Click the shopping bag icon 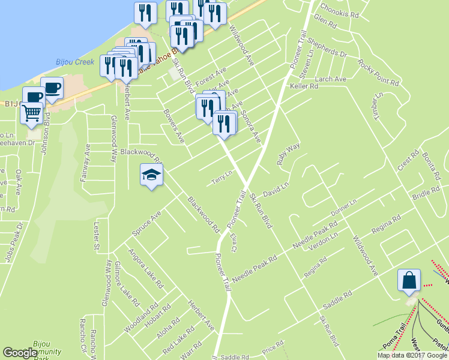pos(409,281)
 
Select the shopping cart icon pos(32,113)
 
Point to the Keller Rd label pos(304,86)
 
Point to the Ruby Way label pos(288,154)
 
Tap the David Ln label pos(276,187)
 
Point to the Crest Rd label pos(408,160)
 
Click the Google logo pos(20,353)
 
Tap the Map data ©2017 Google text pos(412,355)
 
